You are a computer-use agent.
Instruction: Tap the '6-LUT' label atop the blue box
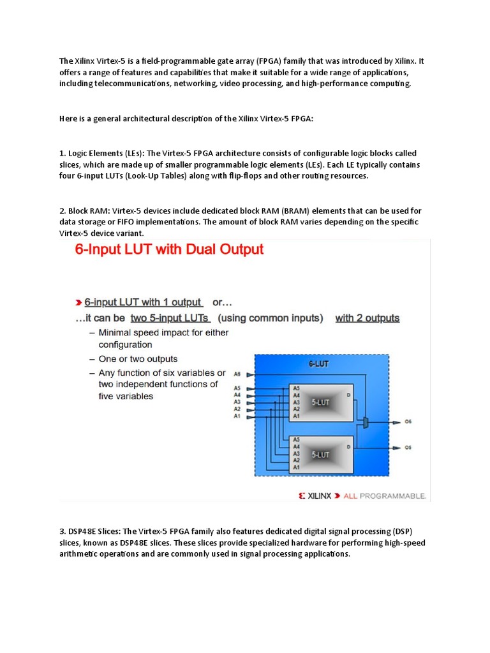pos(320,363)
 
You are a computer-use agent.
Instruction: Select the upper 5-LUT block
pos(320,403)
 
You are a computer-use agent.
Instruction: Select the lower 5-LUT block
pos(320,454)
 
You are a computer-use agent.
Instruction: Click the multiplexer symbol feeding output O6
pos(364,422)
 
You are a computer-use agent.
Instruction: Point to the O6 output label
pos(408,422)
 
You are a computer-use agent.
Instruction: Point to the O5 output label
pos(408,448)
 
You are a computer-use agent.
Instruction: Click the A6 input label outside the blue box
pos(237,374)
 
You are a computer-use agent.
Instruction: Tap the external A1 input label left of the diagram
pos(237,416)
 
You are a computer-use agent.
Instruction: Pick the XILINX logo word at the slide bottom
pos(320,495)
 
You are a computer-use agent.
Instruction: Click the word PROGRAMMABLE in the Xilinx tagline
pos(394,495)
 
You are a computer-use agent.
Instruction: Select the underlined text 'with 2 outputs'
pos(367,318)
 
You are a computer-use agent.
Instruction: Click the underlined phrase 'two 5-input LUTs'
pos(171,318)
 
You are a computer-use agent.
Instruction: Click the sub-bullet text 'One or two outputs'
pos(138,359)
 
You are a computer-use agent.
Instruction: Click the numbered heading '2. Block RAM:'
pos(85,210)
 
